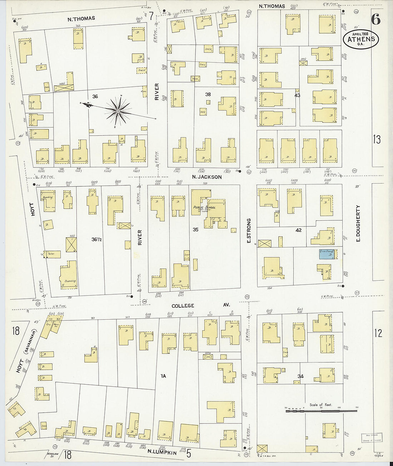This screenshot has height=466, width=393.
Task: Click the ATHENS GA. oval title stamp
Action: (361, 39)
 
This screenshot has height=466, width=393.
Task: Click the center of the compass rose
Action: (118, 111)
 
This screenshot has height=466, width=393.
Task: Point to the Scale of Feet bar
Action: (322, 411)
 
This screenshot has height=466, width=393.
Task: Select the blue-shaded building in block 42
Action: (327, 254)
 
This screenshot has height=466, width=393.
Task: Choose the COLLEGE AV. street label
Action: (200, 306)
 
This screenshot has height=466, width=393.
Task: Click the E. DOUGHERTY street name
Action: (358, 223)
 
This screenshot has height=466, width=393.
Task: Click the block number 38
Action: (208, 95)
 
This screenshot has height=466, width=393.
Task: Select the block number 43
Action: (297, 95)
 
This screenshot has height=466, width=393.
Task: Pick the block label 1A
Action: (163, 376)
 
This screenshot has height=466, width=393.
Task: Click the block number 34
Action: (300, 376)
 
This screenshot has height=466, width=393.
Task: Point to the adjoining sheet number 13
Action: (377, 140)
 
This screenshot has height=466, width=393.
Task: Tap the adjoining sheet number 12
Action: (378, 333)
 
